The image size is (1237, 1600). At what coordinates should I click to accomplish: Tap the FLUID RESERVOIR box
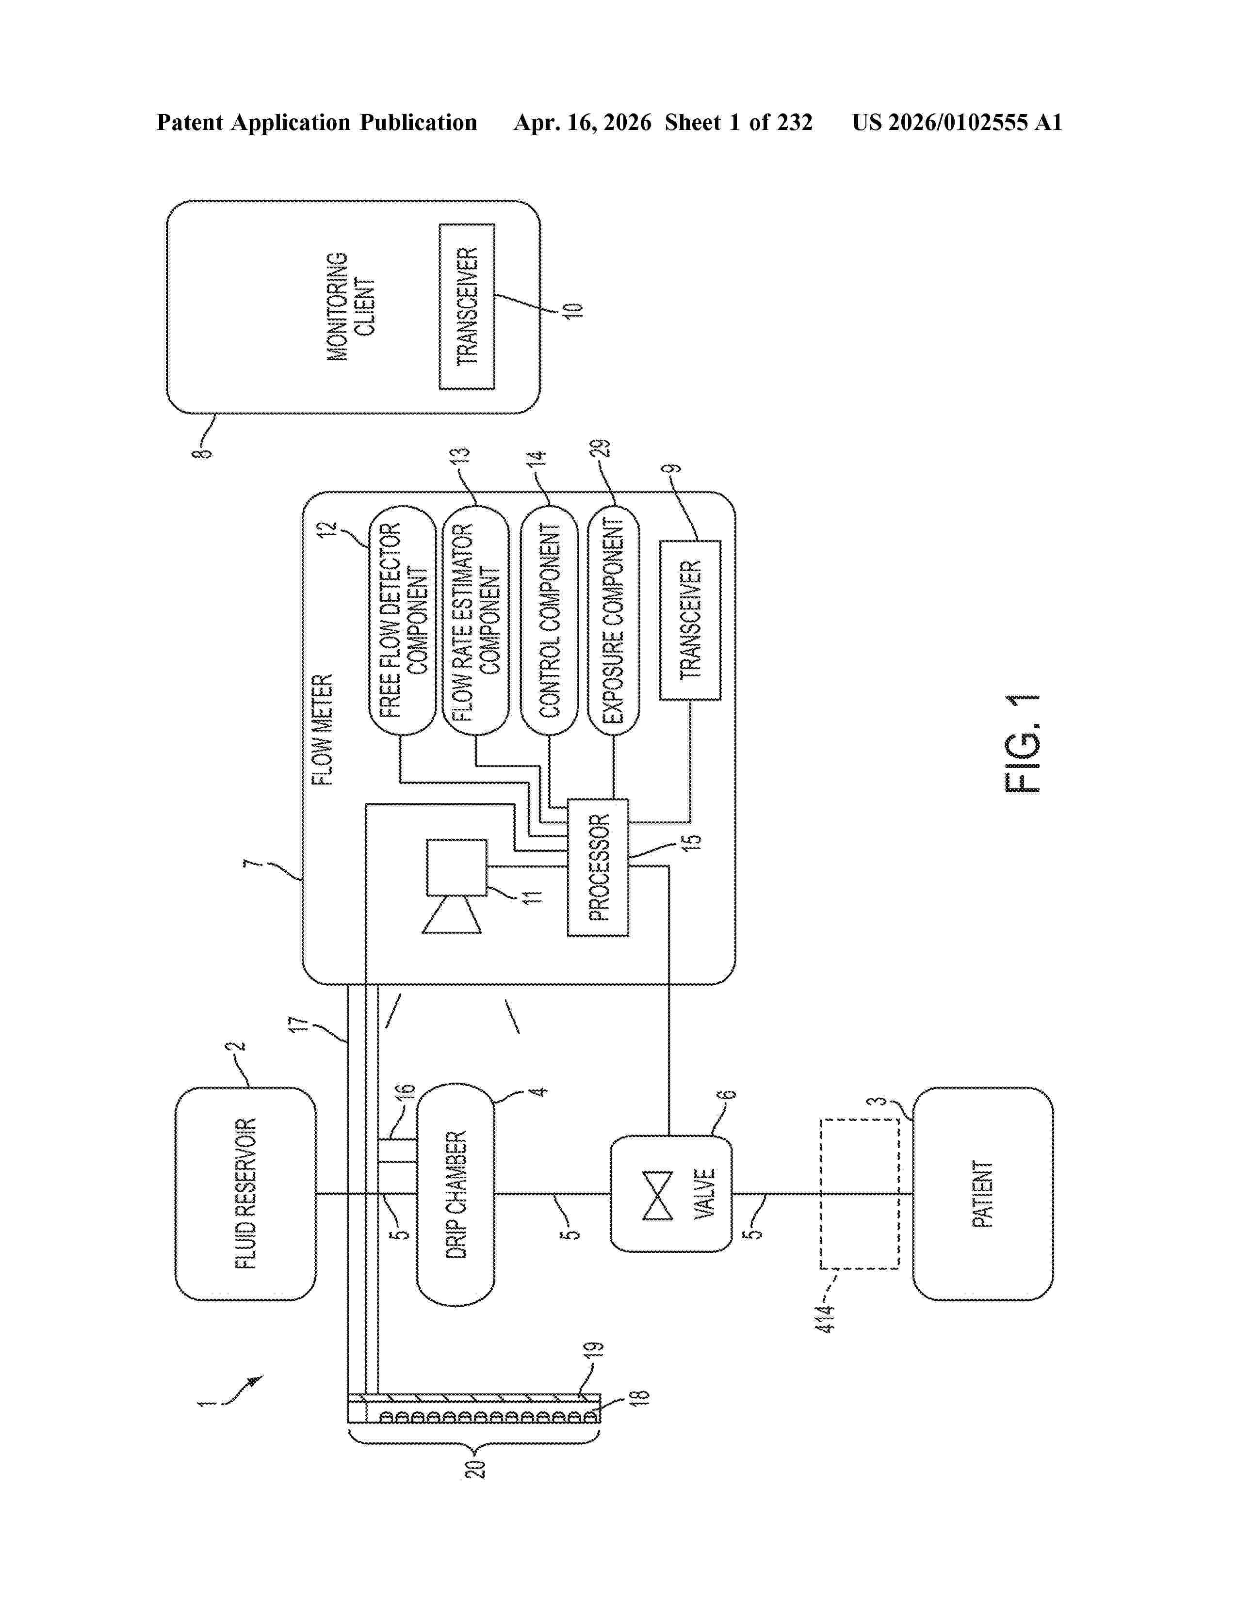coord(245,1195)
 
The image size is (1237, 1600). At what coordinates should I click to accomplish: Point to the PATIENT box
coord(983,1195)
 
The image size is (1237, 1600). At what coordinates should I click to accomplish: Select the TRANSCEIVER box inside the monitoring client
coord(467,306)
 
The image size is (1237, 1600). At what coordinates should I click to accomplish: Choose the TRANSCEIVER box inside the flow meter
coord(690,620)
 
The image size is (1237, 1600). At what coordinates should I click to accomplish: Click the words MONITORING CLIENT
coord(350,306)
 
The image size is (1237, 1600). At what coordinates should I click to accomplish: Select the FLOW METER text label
coord(323,730)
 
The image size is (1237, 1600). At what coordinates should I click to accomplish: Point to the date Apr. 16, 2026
coord(583,122)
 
